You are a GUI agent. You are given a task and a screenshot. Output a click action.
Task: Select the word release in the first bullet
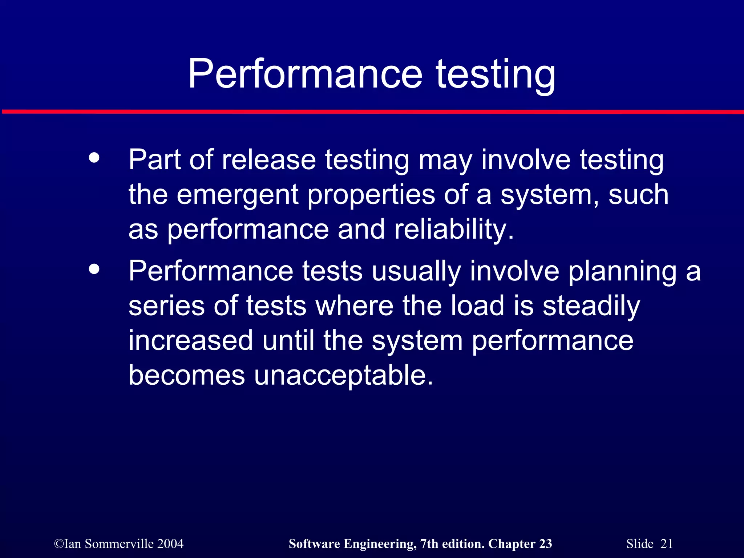point(269,160)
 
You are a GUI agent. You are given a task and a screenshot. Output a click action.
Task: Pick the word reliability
point(454,230)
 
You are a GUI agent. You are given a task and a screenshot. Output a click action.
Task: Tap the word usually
point(416,272)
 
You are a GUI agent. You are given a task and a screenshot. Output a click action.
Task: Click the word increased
point(190,341)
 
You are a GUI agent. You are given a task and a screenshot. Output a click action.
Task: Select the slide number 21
point(667,544)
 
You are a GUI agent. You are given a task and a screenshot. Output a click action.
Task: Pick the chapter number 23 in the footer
point(545,544)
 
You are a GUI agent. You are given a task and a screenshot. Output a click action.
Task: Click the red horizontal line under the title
point(372,112)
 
